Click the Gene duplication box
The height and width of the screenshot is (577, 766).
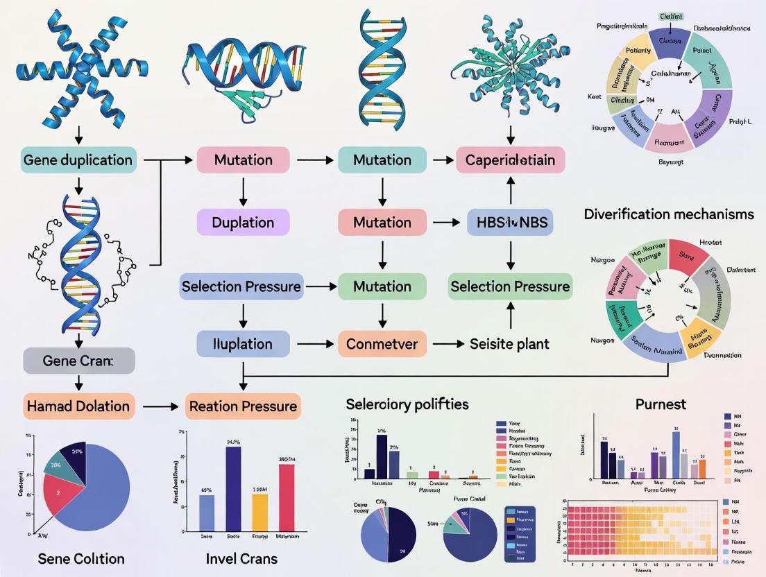[x=78, y=160]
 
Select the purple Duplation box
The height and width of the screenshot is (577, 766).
[x=243, y=223]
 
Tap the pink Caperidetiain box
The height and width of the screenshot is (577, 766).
[x=511, y=160]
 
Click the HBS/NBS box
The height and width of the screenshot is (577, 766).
[x=511, y=223]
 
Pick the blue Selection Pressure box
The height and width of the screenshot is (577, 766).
[x=241, y=286]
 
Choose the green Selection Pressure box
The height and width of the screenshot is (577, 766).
[x=510, y=286]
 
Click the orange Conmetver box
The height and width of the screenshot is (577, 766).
[x=381, y=344]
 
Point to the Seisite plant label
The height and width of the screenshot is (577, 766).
[x=510, y=344]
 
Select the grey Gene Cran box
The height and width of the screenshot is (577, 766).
[x=78, y=361]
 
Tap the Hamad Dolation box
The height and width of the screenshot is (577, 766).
[x=78, y=406]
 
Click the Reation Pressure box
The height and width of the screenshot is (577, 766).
[x=242, y=406]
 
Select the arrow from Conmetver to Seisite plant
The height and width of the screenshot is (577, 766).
[x=444, y=344]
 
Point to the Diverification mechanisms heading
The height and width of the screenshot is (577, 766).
[x=668, y=214]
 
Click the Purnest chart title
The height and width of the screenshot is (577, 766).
[x=660, y=404]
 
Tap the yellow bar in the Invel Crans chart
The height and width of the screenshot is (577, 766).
[x=259, y=513]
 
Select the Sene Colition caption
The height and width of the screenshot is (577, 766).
[x=81, y=558]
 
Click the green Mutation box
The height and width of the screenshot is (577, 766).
[x=381, y=286]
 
